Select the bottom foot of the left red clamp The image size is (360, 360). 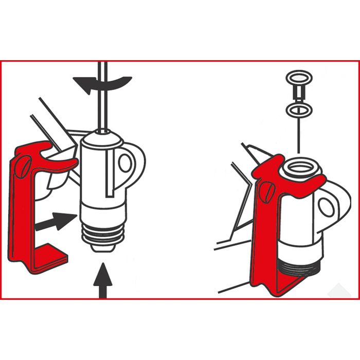pyautogui.click(x=49, y=261)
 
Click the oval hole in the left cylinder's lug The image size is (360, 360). pyautogui.click(x=125, y=162)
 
